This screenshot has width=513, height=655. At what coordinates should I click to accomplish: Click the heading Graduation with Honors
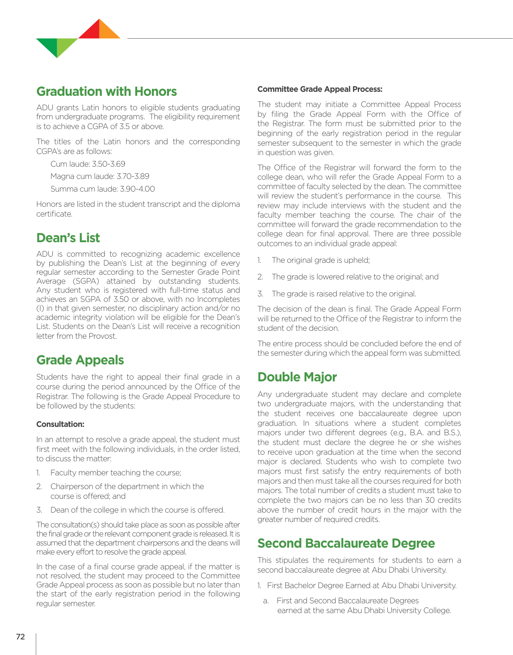pos(106,91)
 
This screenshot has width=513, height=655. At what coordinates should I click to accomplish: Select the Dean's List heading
pos(68,238)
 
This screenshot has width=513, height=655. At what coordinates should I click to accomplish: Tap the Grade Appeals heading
pos(80,360)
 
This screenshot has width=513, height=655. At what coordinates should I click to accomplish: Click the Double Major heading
pos(297,377)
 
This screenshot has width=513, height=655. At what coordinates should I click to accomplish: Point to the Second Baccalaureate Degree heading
pos(346,543)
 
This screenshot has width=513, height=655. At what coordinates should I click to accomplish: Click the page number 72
pos(21,637)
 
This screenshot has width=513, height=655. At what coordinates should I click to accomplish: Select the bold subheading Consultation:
pos(60,424)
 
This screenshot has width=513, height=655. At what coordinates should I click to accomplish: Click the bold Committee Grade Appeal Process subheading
pos(320,89)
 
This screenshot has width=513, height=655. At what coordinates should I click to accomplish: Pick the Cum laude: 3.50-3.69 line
pos(88,164)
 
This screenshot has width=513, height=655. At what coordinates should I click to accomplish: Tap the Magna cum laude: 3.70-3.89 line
pos(100,176)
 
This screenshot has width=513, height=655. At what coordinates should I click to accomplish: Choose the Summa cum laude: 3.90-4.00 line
pos(102,189)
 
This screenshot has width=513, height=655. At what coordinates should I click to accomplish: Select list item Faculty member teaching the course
pos(116,473)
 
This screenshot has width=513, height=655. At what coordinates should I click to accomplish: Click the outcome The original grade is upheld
pos(321,260)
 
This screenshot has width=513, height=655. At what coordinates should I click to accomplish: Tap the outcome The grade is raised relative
pos(344,294)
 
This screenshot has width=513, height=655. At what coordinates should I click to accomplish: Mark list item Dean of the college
pos(137,510)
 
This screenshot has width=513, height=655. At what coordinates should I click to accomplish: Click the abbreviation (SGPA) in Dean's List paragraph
pos(86,281)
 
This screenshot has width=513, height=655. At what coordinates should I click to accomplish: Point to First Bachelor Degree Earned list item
pos(361,586)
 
